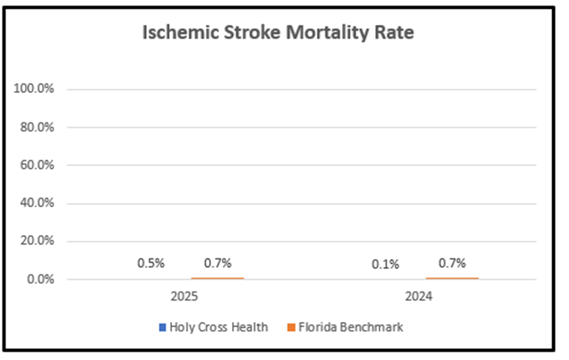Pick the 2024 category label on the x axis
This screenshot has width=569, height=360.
(419, 299)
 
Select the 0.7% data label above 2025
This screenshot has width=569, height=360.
(217, 263)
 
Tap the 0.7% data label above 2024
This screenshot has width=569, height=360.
(452, 263)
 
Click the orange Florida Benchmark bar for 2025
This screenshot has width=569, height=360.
(217, 278)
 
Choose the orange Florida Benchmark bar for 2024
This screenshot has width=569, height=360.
(452, 278)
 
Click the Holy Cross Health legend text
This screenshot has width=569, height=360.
(218, 328)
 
